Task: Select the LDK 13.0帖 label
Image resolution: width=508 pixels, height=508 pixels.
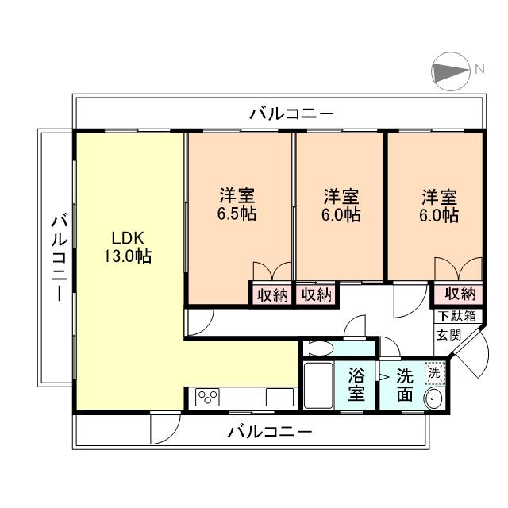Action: pos(127,247)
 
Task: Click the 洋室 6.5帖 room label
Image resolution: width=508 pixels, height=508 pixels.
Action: pos(237,205)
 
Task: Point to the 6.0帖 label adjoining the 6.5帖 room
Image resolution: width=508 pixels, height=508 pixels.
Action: pos(341,205)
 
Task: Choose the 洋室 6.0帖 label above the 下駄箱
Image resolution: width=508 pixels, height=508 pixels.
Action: pos(439,205)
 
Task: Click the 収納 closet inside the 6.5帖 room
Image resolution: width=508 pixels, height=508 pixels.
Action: pos(271,295)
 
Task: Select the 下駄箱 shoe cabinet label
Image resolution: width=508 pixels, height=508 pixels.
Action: pos(456,315)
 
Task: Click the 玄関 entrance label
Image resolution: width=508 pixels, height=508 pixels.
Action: pos(445,334)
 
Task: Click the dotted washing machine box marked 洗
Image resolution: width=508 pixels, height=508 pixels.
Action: pos(433,371)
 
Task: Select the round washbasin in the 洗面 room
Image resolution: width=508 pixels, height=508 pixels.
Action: pos(434,399)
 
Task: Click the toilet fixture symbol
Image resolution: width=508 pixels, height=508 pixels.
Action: pos(322,348)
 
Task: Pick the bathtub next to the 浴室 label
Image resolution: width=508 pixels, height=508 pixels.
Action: pos(318,386)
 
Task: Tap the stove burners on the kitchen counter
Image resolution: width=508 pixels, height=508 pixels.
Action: pos(208,398)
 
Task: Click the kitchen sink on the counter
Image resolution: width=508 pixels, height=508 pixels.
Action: pos(281,398)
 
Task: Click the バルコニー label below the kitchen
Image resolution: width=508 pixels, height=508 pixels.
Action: pos(270,433)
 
